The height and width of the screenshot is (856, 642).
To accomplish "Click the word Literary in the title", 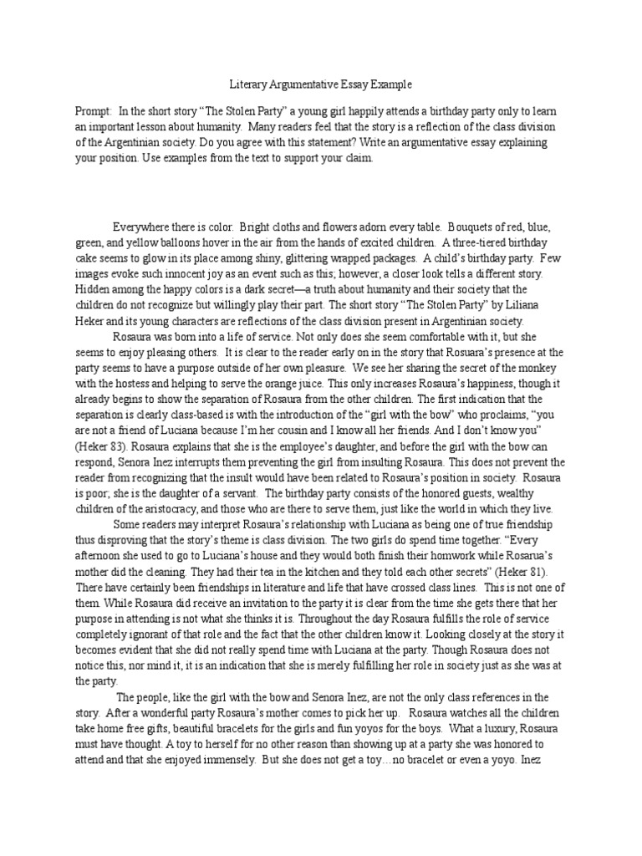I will click(x=248, y=84).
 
